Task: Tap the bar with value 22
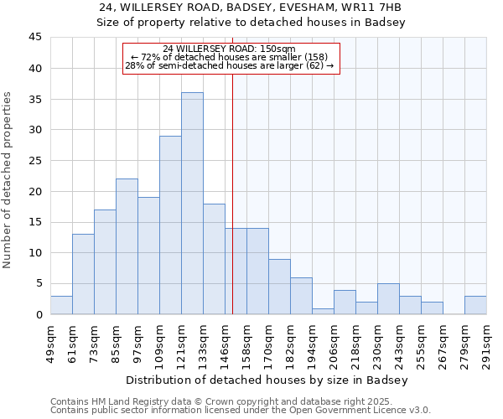pyautogui.click(x=127, y=246)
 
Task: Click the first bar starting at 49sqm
pyautogui.click(x=61, y=305)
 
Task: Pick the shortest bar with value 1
pyautogui.click(x=323, y=311)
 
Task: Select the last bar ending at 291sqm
pyautogui.click(x=475, y=305)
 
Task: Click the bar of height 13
pyautogui.click(x=83, y=274)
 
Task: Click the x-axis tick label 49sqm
pyautogui.click(x=50, y=340)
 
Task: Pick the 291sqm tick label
pyautogui.click(x=486, y=340)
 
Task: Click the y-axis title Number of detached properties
pyautogui.click(x=8, y=180)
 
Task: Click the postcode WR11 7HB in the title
pyautogui.click(x=378, y=8)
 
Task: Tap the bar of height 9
pyautogui.click(x=279, y=287)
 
